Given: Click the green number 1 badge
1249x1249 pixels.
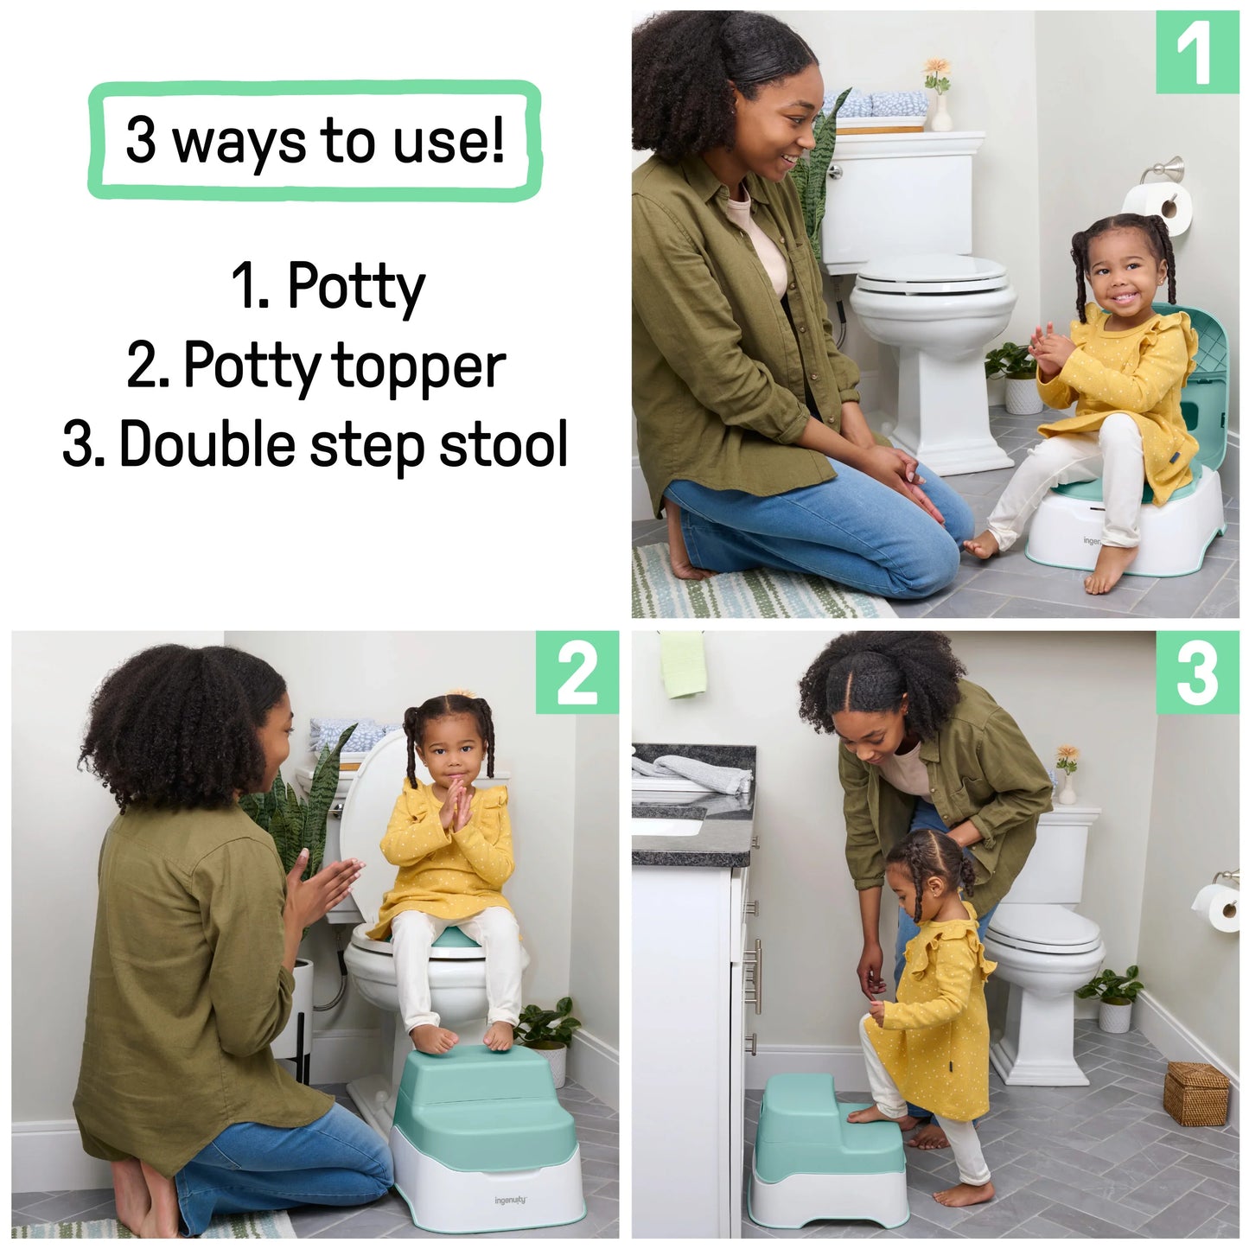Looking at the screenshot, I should coord(1197,53).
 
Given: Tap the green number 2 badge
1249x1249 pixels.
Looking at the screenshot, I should coord(577,672).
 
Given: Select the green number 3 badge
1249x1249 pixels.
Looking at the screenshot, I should coord(1197,672).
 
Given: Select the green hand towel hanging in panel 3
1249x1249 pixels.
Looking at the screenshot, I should coord(683,664).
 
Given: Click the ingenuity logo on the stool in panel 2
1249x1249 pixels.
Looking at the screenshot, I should coord(510,1200).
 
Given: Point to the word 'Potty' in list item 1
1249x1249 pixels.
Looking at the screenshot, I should coord(355,287).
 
